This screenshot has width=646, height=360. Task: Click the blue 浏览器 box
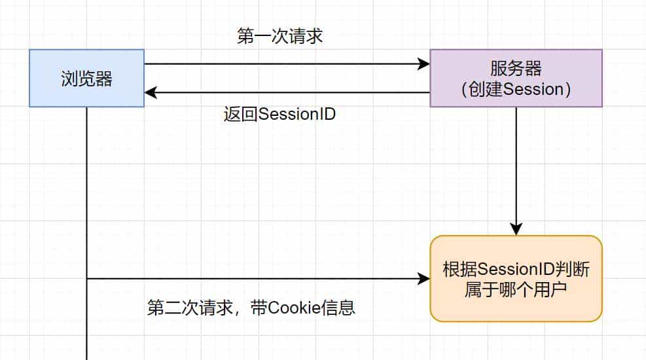[86, 78]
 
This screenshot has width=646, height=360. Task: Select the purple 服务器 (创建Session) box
[516, 78]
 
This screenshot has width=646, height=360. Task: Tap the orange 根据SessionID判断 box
[516, 279]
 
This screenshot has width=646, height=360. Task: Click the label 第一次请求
[279, 36]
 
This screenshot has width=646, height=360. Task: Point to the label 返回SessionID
[279, 114]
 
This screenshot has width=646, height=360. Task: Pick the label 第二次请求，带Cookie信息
[251, 308]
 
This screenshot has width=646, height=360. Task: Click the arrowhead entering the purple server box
[424, 64]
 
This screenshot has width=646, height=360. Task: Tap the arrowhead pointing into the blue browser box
[151, 93]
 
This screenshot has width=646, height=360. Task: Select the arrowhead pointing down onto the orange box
[516, 229]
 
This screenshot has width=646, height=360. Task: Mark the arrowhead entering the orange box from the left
[424, 279]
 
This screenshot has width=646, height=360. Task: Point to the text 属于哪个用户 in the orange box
[516, 289]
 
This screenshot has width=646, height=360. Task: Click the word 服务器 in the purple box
[516, 68]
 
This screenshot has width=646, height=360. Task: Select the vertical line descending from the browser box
[86, 196]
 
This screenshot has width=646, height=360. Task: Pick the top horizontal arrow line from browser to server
[281, 64]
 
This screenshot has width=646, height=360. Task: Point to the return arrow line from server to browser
[288, 93]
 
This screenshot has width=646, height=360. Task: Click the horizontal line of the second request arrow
[255, 279]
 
